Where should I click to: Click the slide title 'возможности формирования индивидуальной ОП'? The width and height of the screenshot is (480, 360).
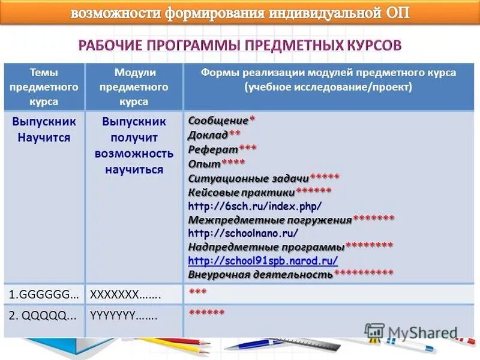(240, 13)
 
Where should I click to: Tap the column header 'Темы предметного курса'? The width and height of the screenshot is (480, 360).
(44, 87)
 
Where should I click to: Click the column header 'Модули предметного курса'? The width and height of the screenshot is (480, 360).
(134, 87)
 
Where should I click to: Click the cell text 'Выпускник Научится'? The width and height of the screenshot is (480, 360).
(44, 129)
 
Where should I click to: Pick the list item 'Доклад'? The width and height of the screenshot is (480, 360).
(208, 134)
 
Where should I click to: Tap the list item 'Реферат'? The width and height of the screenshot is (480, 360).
(213, 149)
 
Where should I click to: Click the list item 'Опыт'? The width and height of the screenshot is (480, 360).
(204, 163)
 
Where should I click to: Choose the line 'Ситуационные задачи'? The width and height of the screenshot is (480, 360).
(248, 178)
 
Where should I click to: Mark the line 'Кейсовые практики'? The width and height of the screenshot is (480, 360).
(241, 193)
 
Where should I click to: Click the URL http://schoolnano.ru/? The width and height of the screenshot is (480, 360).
(243, 233)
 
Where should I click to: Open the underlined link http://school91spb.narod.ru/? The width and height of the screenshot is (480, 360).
(263, 261)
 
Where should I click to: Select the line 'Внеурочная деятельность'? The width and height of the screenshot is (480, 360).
(260, 275)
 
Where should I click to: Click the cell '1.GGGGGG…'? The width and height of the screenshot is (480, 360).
(43, 295)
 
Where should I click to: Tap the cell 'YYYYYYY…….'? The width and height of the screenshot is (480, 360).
(124, 316)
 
